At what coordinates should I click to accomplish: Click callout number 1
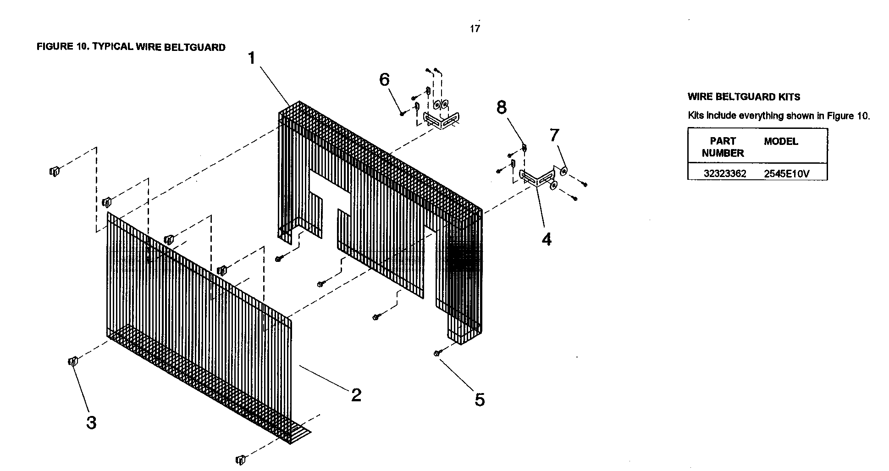(x=252, y=59)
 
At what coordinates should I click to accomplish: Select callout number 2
(x=356, y=395)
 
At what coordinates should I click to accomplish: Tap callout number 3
(x=92, y=422)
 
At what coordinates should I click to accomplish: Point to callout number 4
(x=546, y=239)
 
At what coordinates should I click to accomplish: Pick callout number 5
(x=479, y=400)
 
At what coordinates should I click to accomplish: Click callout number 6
(x=384, y=79)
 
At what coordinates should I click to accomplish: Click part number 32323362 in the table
(x=725, y=173)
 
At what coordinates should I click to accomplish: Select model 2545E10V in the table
(x=787, y=174)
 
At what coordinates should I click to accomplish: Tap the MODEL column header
(x=781, y=141)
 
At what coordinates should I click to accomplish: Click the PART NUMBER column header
(x=723, y=147)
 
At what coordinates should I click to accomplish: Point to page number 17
(x=475, y=29)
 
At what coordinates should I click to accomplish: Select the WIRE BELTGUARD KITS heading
(x=744, y=97)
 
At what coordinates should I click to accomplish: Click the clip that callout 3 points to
(x=72, y=361)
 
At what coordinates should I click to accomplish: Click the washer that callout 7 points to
(x=563, y=172)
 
